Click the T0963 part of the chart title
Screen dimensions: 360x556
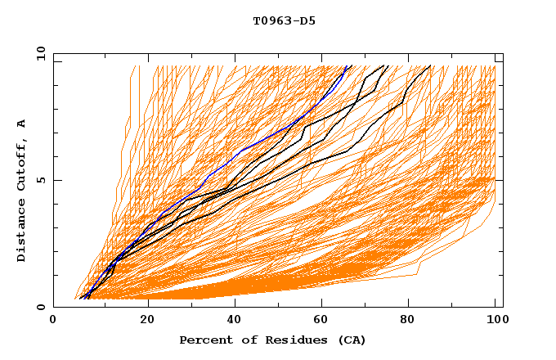click(269, 20)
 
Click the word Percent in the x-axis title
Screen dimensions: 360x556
click(204, 340)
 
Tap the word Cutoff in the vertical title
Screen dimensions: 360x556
click(21, 160)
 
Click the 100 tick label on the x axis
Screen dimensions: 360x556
click(495, 320)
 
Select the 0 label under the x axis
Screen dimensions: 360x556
click(54, 320)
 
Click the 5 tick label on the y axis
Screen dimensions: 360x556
click(40, 180)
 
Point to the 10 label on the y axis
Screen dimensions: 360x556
click(38, 53)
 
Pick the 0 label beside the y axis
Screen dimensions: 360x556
click(40, 308)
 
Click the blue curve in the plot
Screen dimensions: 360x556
click(245, 150)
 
